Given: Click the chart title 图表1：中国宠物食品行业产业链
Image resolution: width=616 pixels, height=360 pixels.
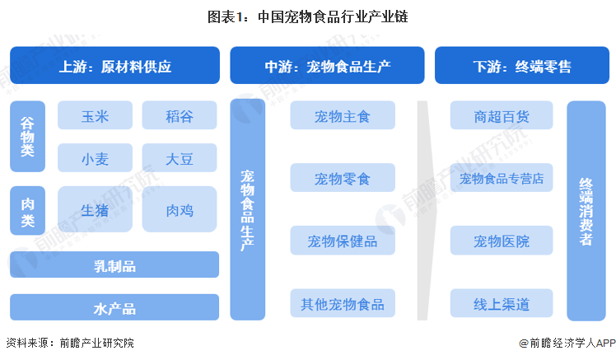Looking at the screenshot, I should [308, 16].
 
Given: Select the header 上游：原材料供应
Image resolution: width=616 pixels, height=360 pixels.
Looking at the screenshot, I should [114, 65].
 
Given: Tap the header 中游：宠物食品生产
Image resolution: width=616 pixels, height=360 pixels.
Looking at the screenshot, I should [327, 65].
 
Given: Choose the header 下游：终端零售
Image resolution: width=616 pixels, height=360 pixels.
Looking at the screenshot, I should [522, 65].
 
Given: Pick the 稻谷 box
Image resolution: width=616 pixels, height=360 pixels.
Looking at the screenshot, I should [180, 115].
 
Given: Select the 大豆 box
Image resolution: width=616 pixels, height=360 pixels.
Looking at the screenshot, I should [180, 157].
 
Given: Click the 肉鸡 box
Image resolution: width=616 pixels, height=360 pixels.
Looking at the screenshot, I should [180, 209].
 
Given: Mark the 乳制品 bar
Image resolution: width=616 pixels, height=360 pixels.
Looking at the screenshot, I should [114, 265].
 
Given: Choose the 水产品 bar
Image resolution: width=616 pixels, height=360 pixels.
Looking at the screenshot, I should [114, 307].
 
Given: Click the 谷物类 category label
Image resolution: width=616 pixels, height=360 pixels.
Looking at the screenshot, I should [27, 137].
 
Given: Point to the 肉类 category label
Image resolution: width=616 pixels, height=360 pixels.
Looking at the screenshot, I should [27, 209].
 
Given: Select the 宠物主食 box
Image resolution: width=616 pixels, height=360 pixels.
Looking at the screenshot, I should [343, 115].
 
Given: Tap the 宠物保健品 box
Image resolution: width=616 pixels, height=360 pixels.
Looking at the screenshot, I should [343, 241].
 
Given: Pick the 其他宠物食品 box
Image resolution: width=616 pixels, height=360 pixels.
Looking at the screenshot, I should [343, 303].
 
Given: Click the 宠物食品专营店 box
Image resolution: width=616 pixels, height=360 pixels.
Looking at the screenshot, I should [502, 178].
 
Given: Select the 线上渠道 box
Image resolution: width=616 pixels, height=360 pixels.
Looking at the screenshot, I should [502, 303].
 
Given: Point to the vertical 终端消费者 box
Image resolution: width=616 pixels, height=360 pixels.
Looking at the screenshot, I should [586, 210].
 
